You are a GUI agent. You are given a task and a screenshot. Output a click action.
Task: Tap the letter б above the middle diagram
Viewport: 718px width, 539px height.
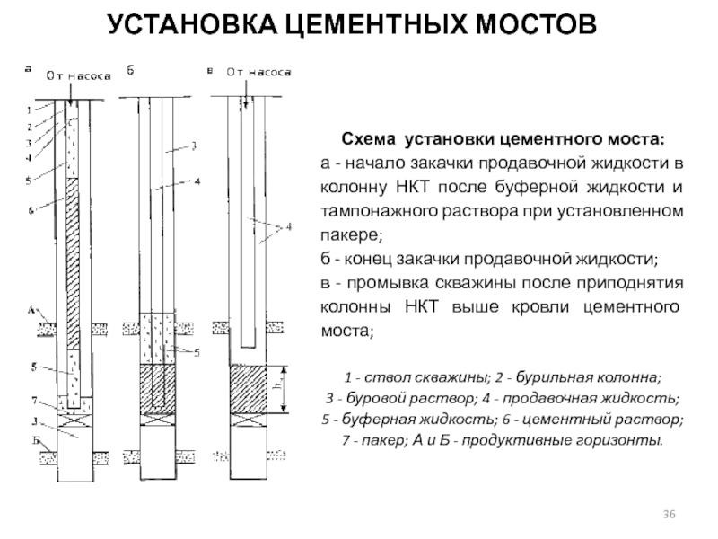point(130,69)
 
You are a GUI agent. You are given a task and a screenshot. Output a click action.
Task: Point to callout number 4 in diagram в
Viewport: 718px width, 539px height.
point(288,227)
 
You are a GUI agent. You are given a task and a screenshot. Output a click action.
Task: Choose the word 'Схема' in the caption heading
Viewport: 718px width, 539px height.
point(367,141)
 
